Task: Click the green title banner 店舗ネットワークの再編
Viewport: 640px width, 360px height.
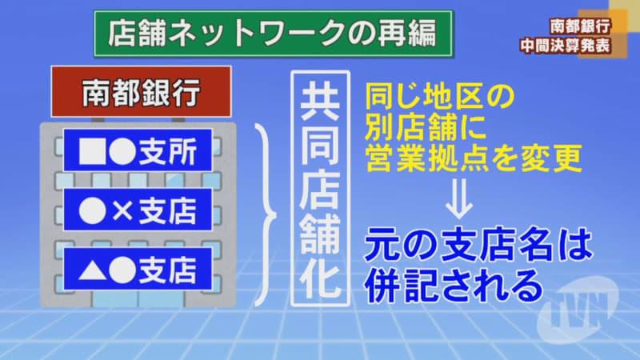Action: (273, 34)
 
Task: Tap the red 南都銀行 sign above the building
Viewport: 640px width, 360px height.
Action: (142, 92)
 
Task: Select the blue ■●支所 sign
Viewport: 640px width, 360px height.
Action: (138, 150)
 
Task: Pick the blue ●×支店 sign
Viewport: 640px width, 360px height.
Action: (138, 210)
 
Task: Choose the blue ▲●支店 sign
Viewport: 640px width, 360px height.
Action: (138, 270)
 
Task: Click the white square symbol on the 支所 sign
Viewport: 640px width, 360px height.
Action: (93, 151)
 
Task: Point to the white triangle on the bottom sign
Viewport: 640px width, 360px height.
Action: (93, 270)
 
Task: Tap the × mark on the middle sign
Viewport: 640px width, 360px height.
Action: (122, 211)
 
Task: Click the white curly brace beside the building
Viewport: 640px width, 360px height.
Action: (266, 214)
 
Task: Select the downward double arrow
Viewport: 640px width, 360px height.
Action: (458, 198)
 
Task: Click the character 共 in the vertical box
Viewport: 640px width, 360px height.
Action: (320, 101)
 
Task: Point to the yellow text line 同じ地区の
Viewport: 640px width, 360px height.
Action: (439, 97)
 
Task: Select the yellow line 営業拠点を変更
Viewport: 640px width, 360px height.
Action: (473, 158)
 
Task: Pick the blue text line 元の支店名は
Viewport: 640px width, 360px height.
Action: (478, 245)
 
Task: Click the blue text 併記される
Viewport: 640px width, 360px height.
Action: (454, 285)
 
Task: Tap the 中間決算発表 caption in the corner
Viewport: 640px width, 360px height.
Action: (566, 46)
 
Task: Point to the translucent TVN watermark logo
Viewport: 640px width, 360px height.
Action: (579, 310)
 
